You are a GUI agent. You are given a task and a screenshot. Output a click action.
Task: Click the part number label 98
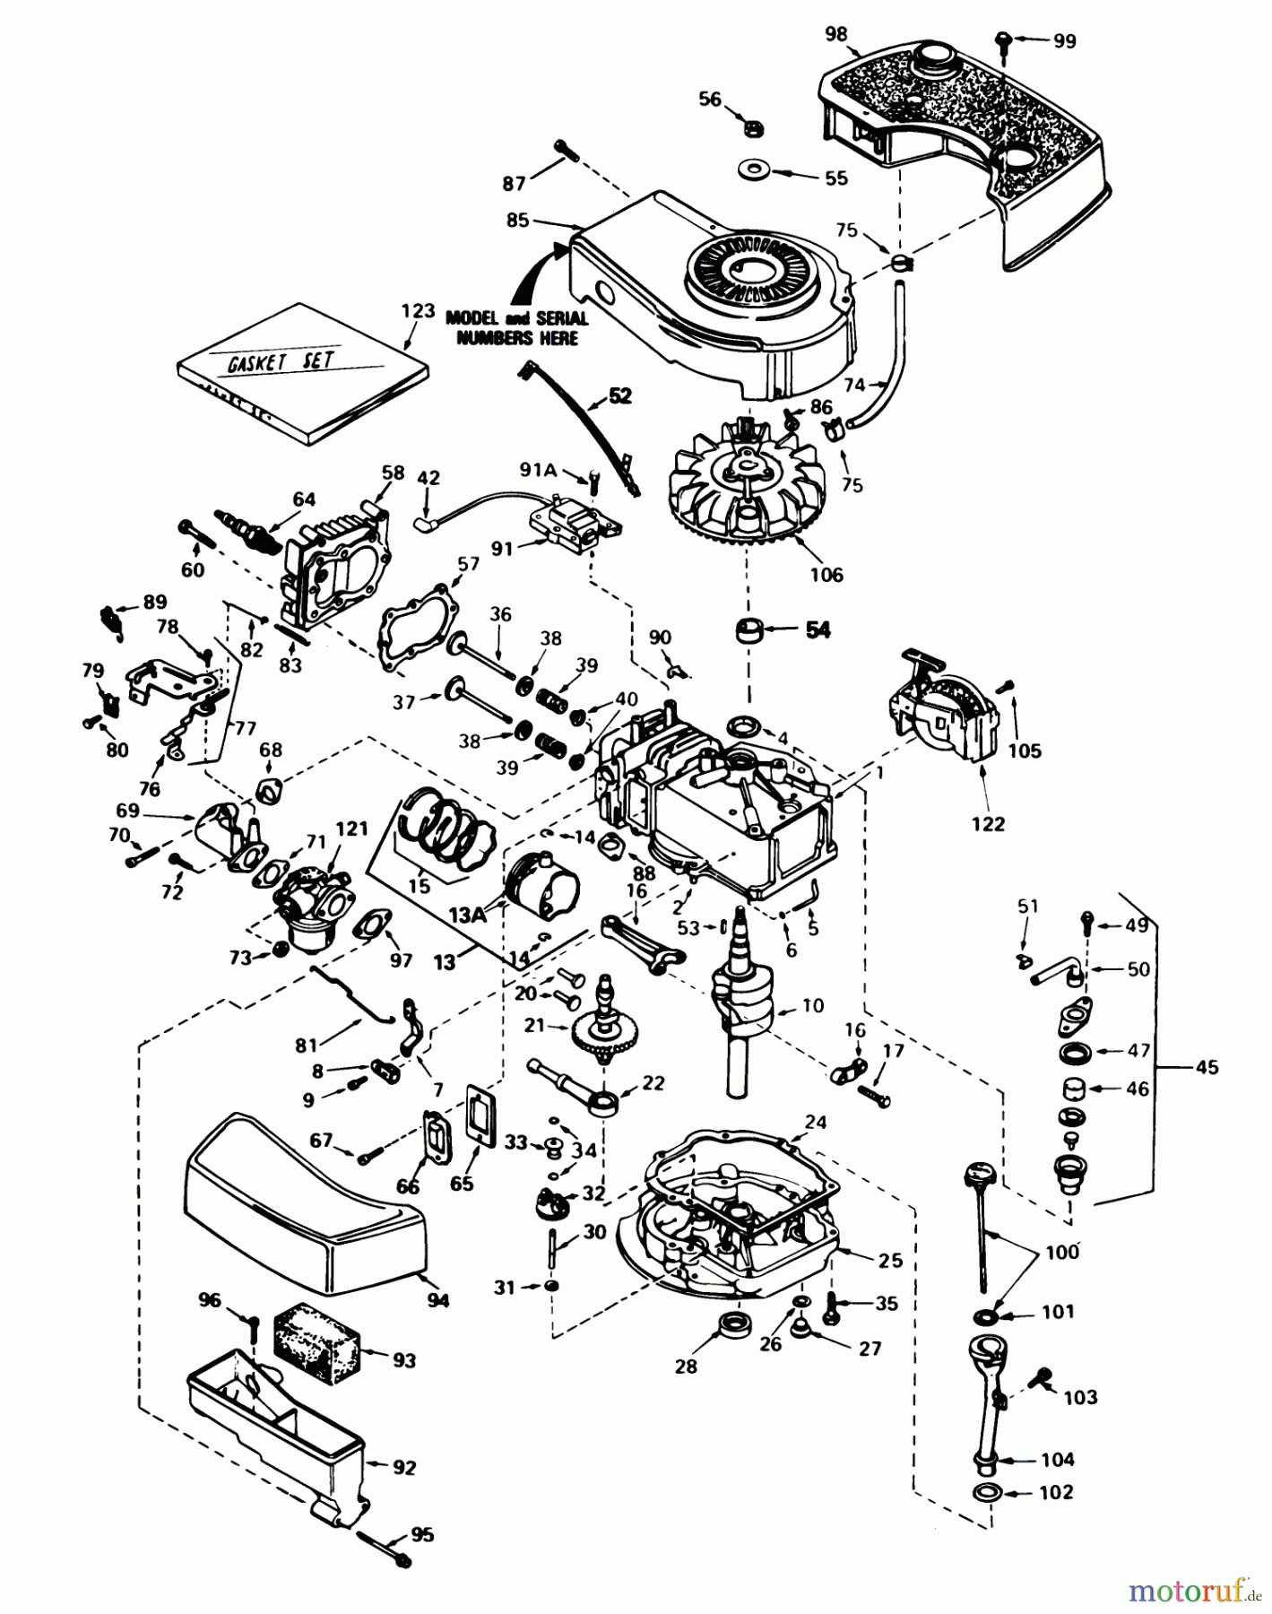(x=835, y=34)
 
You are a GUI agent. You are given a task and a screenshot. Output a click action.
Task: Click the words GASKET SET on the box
(x=280, y=360)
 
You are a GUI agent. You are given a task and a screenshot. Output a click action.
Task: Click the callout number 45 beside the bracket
(x=1207, y=1067)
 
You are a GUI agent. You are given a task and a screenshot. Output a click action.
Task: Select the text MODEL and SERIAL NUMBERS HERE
(x=517, y=328)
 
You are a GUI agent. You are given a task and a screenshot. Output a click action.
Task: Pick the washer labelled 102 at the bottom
(x=986, y=1493)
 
